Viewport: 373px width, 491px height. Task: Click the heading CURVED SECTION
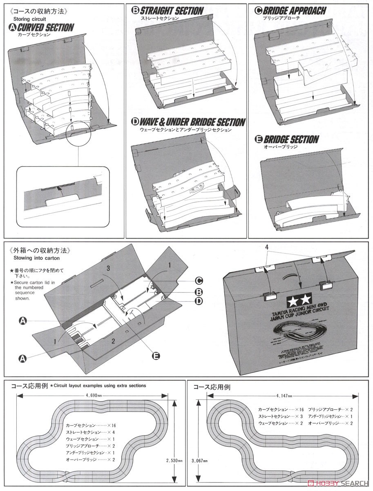(45, 28)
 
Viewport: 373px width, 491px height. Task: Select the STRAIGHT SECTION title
(172, 11)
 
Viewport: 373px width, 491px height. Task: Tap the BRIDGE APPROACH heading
(295, 11)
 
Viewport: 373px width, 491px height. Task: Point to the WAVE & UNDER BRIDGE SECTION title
(192, 122)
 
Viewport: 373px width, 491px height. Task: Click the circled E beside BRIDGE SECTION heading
(258, 140)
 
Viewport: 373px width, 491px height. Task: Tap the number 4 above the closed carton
(266, 247)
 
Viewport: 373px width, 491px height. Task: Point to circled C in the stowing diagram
(199, 281)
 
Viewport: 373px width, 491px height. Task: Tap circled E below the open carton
(155, 356)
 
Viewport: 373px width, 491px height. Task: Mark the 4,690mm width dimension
(94, 396)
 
